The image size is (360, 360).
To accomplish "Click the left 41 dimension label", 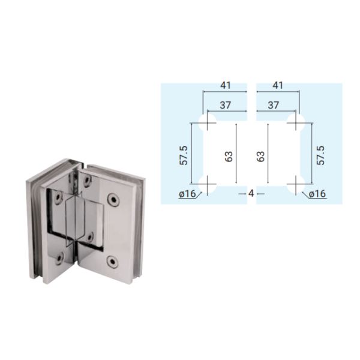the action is point(225,85).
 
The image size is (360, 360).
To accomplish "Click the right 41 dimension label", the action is point(278,85).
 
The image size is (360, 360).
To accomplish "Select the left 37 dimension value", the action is point(225,105).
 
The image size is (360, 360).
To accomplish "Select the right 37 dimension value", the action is point(273,105).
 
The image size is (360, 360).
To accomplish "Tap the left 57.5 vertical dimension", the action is point(184,155).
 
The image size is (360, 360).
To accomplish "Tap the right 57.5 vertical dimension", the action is point(321,155).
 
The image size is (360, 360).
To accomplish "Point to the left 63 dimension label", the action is point(229,157).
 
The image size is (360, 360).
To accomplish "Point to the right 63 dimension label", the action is point(261,157).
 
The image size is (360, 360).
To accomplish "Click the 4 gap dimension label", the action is point(251,194).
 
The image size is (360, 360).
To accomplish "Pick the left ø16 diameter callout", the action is point(187,194).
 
